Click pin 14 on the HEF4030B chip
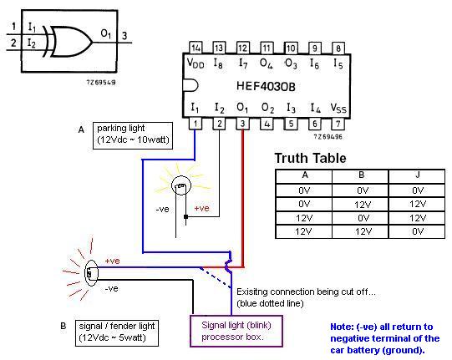196,48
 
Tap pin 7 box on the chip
338,124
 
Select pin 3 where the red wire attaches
243,124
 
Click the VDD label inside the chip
196,63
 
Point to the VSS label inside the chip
338,108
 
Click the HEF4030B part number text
266,86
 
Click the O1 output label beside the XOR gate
106,34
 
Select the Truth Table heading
310,158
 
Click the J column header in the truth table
418,175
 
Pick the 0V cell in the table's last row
418,231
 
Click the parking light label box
133,135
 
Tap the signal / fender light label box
117,333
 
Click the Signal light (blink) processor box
236,331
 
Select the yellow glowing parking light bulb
181,185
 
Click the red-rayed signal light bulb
91,273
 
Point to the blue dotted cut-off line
215,277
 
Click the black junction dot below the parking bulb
186,216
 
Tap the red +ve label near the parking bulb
201,208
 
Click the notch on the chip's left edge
190,86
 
